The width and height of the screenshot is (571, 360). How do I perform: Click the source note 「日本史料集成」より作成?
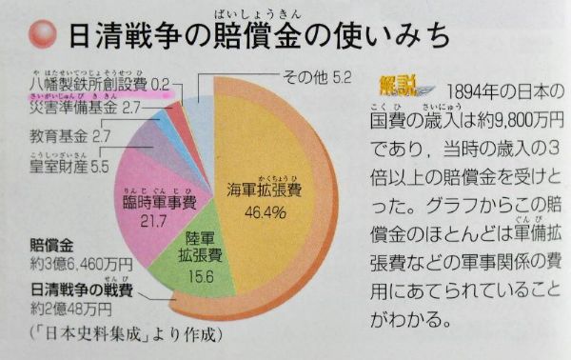(118, 333)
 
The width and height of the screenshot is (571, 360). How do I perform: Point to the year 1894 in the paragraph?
(467, 91)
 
